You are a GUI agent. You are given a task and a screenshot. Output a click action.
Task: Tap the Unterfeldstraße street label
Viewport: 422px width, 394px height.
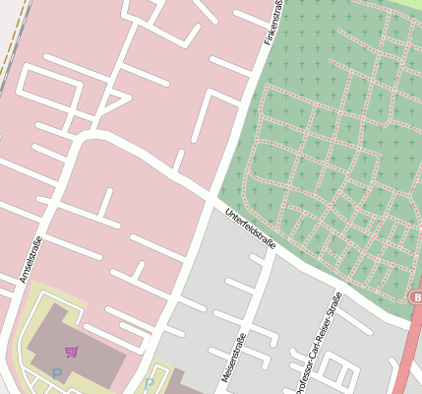tap(250, 229)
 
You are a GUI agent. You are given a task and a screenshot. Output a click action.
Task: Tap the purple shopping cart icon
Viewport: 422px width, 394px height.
tap(71, 352)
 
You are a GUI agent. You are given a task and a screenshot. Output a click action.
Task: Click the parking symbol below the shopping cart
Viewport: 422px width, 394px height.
tap(57, 373)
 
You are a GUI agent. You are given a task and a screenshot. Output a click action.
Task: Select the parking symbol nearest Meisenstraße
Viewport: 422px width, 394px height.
tap(150, 382)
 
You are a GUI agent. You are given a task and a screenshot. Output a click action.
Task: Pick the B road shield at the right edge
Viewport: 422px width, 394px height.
tap(416, 296)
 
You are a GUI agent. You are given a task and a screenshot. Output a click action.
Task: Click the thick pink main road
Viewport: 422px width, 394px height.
tap(407, 355)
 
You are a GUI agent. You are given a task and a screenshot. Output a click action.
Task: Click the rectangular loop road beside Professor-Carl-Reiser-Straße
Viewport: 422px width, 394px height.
tap(339, 373)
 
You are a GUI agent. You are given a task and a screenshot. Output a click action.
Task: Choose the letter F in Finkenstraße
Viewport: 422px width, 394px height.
tap(267, 42)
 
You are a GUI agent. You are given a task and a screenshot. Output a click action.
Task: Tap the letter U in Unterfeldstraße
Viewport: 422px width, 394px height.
tap(227, 212)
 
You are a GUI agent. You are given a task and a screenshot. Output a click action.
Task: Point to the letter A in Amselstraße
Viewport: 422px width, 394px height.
tap(23, 281)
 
